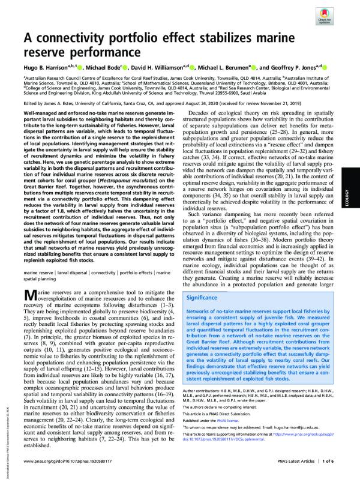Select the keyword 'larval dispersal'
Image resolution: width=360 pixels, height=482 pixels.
[74, 274]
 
